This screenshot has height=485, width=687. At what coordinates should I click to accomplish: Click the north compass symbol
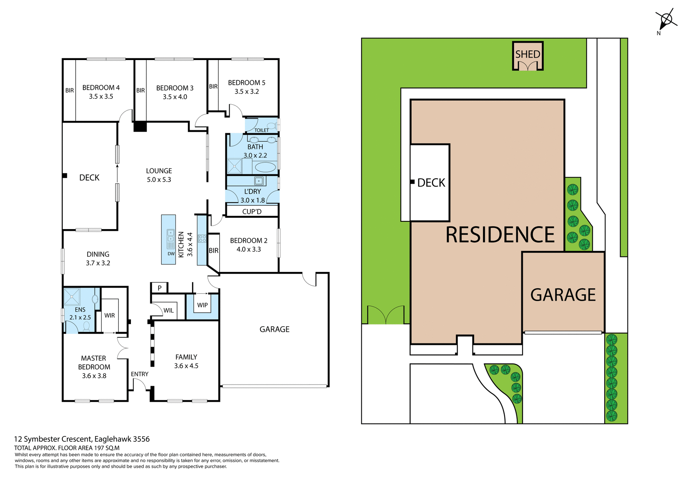point(666,20)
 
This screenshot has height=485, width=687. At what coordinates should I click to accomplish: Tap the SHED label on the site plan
point(527,54)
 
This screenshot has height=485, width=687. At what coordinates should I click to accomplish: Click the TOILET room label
point(261,130)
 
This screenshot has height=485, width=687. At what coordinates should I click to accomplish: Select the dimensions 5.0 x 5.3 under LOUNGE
point(159,180)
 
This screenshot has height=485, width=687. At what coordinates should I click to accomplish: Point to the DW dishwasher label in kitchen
point(171,254)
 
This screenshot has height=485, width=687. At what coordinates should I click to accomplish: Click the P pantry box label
point(160,288)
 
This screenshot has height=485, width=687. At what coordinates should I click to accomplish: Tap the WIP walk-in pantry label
point(202,305)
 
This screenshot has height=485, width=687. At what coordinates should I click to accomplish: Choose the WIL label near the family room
point(169,311)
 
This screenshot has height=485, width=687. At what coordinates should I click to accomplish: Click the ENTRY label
point(140,374)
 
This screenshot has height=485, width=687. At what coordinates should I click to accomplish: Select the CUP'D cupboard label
point(252,212)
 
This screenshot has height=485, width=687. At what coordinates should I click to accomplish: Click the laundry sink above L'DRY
point(259,181)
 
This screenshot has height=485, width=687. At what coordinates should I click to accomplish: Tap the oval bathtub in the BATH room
point(265,167)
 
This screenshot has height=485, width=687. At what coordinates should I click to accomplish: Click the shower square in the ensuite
point(72,297)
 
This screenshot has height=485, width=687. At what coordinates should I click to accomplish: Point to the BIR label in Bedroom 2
point(214,251)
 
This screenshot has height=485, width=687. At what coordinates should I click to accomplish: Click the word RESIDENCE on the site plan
point(500,235)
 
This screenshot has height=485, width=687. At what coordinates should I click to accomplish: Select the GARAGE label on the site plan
point(563,295)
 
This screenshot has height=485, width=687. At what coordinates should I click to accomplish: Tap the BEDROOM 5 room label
point(247,83)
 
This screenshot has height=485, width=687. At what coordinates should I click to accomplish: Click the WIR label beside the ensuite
point(109,316)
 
